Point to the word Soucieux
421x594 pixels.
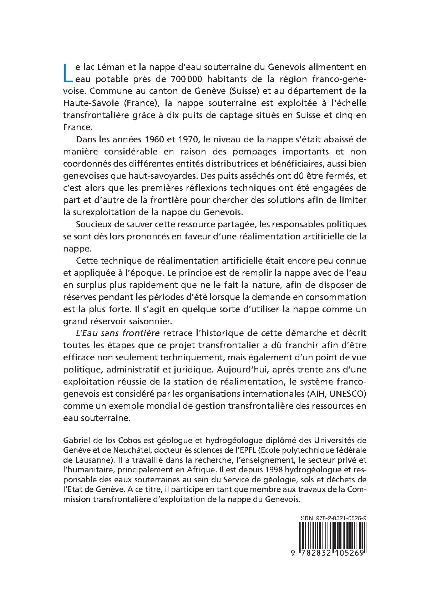90,224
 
